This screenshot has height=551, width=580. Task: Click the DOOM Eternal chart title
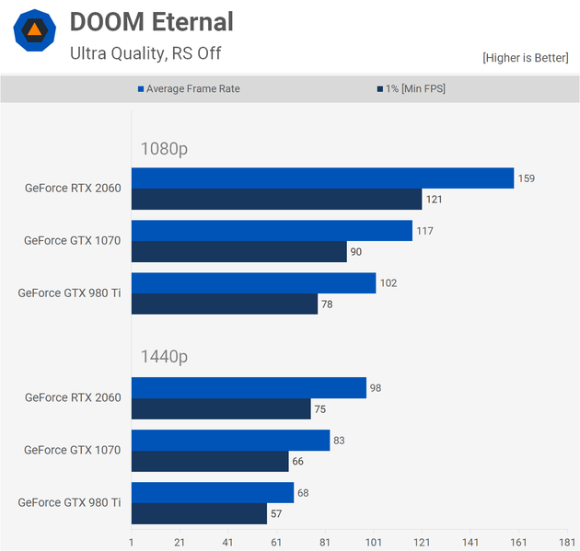[x=152, y=22]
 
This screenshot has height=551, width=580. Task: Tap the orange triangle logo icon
[x=34, y=30]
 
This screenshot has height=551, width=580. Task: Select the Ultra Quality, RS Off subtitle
[x=145, y=53]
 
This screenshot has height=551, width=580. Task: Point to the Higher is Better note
[x=526, y=57]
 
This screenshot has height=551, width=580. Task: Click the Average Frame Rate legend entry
[x=194, y=88]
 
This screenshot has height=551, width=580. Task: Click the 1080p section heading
[x=165, y=148]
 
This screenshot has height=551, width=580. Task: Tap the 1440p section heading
[x=165, y=357]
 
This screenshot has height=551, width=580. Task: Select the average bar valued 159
[x=322, y=178]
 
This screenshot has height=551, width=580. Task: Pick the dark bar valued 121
[x=276, y=200]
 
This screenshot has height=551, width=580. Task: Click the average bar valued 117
[x=272, y=230]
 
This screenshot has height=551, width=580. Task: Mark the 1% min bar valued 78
[x=225, y=304]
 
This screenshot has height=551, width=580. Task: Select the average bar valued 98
[x=249, y=387]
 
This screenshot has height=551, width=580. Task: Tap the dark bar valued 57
[x=199, y=513]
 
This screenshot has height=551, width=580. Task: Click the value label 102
[x=389, y=283]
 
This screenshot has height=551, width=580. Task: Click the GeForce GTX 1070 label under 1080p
[x=72, y=241]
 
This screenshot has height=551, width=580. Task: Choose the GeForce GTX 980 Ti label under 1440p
[x=69, y=502]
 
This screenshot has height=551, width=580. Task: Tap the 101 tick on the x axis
[x=374, y=543]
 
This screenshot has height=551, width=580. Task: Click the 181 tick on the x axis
[x=566, y=543]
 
